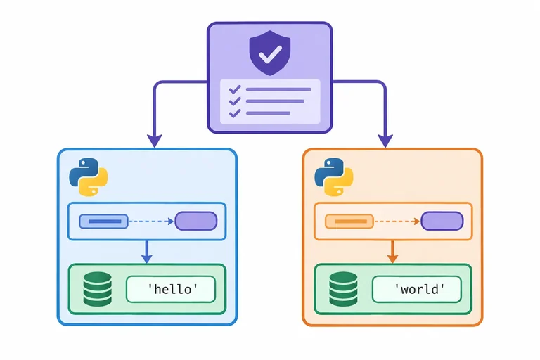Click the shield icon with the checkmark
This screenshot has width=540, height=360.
pos(270,53)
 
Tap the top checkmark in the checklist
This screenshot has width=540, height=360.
pos(235,89)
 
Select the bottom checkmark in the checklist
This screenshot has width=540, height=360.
pos(235,113)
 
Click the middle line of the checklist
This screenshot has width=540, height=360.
pos(275,101)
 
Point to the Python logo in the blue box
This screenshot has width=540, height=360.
pos(89,177)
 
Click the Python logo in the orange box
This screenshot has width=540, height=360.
pos(334,177)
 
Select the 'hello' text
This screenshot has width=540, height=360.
pos(172,289)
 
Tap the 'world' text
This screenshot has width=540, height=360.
pos(419,289)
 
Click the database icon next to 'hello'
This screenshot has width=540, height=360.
pos(98,289)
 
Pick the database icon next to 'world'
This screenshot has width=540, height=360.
pos(343,289)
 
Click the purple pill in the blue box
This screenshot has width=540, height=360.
pos(196,221)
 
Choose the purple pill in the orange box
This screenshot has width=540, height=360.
pos(442,221)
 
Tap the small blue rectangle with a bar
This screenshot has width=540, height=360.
pos(103,221)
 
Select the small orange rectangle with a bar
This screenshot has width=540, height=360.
pos(349,221)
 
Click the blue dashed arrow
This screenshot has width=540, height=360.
pos(152,221)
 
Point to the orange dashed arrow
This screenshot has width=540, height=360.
pos(397,221)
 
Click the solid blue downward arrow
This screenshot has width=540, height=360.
pos(147,252)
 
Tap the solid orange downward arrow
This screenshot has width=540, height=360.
pos(392,252)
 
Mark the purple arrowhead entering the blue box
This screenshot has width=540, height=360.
pos(155,141)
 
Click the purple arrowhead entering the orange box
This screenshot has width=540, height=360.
pos(385,141)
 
